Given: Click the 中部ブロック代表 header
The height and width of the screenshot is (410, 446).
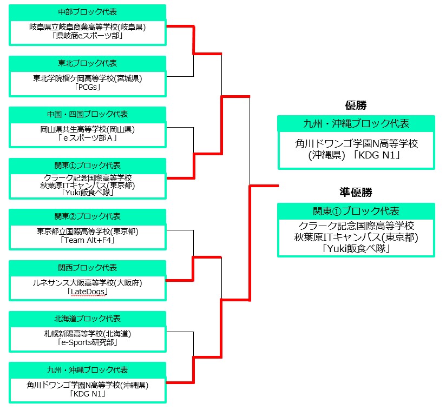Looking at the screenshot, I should click(x=87, y=12).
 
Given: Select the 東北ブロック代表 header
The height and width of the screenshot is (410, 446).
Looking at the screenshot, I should click(x=87, y=63).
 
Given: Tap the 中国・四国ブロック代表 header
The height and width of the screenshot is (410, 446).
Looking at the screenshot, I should click(x=87, y=114).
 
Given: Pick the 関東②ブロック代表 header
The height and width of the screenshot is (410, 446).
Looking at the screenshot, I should click(x=87, y=216).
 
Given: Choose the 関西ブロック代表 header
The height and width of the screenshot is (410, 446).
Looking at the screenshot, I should click(x=87, y=268).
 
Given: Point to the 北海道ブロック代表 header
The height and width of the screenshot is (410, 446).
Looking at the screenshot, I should click(x=87, y=319).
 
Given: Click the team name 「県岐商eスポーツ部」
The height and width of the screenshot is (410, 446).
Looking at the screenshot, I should click(x=87, y=36).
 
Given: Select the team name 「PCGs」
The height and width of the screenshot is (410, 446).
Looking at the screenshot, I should click(x=87, y=87).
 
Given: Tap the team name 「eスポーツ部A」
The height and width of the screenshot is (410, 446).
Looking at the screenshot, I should click(x=87, y=138).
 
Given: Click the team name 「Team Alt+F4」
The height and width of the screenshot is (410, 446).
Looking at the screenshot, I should click(x=87, y=240).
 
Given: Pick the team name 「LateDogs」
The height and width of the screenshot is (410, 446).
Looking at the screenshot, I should click(x=87, y=292).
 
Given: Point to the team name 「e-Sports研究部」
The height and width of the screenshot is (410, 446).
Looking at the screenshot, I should click(x=87, y=342).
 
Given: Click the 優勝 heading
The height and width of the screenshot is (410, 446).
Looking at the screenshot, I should click(x=356, y=105).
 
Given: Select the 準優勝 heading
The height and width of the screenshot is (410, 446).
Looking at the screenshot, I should click(x=356, y=192).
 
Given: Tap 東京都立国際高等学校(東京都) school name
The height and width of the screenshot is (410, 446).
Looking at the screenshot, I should click(x=87, y=232).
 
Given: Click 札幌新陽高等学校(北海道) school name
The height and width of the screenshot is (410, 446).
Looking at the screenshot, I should click(x=87, y=334).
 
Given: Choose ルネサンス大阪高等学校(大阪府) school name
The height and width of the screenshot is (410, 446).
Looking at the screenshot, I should click(x=87, y=282).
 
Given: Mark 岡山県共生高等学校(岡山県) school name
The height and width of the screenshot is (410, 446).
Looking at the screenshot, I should click(x=87, y=129).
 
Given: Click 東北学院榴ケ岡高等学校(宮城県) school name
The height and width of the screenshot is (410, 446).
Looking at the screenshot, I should click(x=87, y=78).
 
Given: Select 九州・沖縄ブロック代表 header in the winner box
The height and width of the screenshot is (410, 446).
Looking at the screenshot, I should click(x=356, y=123).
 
